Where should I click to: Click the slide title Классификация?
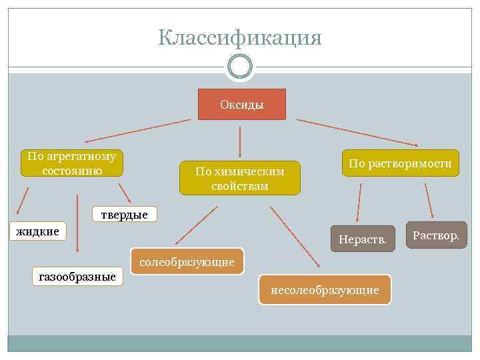pyautogui.click(x=240, y=38)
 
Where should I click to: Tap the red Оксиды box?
pyautogui.click(x=241, y=105)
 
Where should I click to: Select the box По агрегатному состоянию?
pyautogui.click(x=71, y=163)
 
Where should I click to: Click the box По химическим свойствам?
pyautogui.click(x=240, y=178)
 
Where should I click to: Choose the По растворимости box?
pyautogui.click(x=400, y=163)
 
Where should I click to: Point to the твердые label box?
pyautogui.click(x=125, y=214)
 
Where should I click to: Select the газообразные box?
pyautogui.click(x=77, y=276)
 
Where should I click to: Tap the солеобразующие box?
pyautogui.click(x=187, y=262)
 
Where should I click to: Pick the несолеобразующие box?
pyautogui.click(x=325, y=289)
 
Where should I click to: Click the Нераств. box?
pyautogui.click(x=363, y=238)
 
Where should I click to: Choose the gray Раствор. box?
pyautogui.click(x=436, y=235)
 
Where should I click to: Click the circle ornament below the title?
pyautogui.click(x=240, y=66)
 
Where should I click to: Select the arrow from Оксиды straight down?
pyautogui.click(x=240, y=141)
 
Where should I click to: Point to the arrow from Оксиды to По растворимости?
pyautogui.click(x=357, y=132)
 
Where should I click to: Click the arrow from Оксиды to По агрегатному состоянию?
pyautogui.click(x=138, y=131)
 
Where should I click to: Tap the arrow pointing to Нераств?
pyautogui.click(x=359, y=203)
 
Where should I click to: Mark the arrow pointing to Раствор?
pyautogui.click(x=429, y=201)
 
